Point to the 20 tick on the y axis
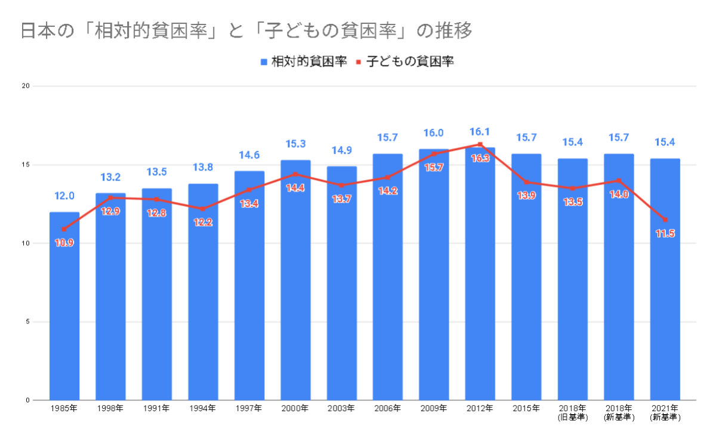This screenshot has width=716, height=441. point(25,86)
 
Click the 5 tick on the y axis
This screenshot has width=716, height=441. point(27,322)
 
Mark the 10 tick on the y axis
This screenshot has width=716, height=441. point(25,243)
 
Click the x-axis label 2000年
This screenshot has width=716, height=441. point(295,409)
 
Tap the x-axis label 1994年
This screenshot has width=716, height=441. point(202,409)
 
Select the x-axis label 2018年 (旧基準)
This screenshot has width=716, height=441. point(572,412)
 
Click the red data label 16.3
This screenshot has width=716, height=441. point(480,159)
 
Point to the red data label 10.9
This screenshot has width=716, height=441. point(64,243)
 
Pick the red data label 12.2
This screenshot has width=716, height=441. point(202,222)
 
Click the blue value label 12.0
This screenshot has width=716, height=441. point(64,196)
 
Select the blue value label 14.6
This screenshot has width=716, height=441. point(249,155)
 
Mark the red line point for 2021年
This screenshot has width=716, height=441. point(665,219)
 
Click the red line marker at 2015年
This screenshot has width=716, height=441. point(526,182)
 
